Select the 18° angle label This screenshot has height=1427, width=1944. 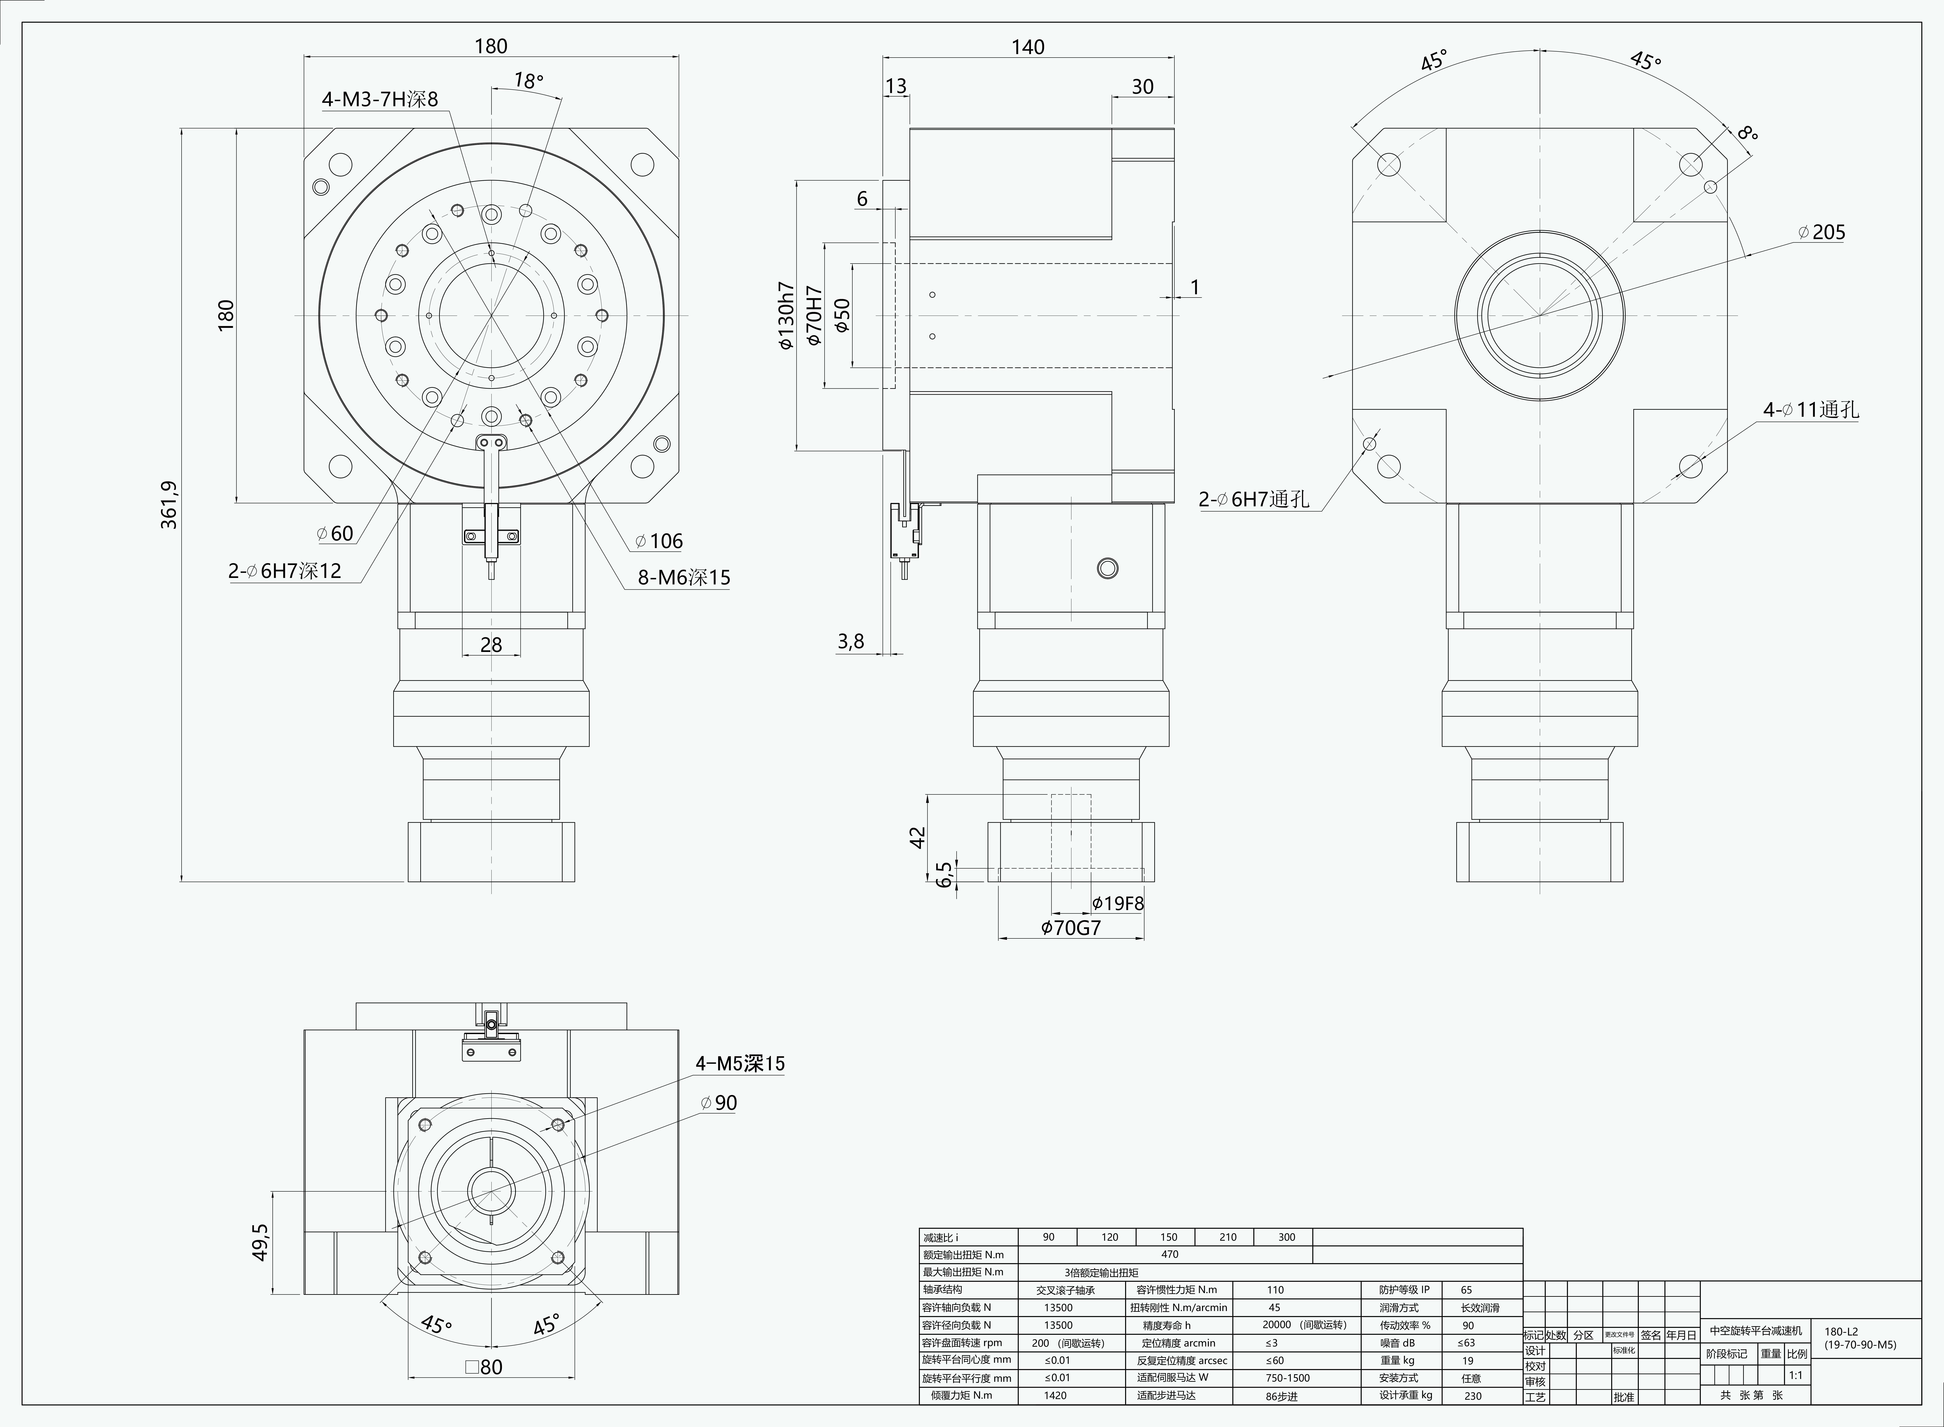click(529, 80)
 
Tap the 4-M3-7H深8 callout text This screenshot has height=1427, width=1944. click(380, 99)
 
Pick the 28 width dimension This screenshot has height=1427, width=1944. click(491, 644)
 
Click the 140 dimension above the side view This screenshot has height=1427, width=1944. click(1028, 47)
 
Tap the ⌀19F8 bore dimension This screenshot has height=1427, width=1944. click(1118, 904)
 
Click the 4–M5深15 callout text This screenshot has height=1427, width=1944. click(740, 1063)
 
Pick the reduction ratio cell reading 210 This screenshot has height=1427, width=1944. click(1228, 1237)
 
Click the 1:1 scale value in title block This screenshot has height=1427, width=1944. click(1795, 1375)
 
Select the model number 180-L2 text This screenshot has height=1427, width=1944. click(1841, 1332)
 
